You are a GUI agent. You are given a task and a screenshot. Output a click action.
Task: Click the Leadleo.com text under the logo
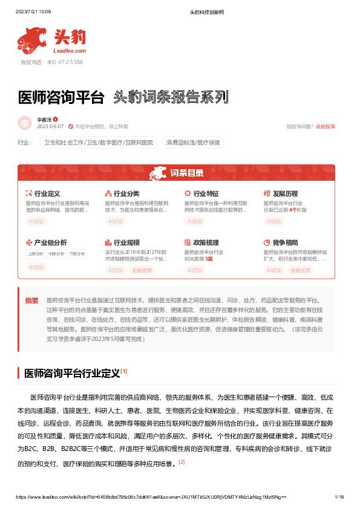(70, 51)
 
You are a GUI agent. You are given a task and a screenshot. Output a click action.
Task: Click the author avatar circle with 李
(25, 123)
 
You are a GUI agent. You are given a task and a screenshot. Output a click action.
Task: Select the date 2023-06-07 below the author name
(50, 126)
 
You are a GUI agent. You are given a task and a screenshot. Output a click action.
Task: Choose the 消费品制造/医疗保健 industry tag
(194, 143)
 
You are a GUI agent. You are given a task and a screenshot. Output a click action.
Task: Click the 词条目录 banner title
(186, 173)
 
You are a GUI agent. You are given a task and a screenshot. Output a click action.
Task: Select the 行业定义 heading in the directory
(46, 193)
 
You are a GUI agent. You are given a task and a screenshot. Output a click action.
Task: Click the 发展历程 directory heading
(285, 193)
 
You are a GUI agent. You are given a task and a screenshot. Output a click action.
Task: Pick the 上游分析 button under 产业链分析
(36, 254)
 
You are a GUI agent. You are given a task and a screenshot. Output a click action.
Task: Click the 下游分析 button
(77, 254)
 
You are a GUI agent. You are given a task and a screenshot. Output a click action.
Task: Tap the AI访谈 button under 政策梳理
(195, 270)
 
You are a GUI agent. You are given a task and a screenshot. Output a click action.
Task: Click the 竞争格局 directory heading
(285, 242)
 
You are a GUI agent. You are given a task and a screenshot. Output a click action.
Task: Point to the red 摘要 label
(31, 300)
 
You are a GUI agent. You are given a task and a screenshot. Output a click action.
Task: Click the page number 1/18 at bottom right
(339, 497)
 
